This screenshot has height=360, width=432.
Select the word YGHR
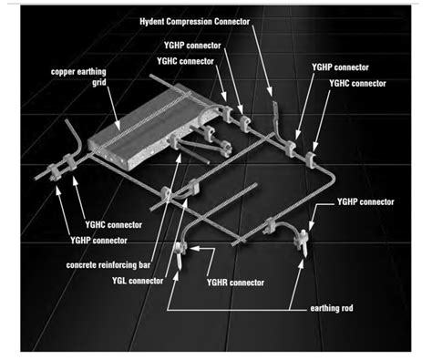point(217,283)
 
